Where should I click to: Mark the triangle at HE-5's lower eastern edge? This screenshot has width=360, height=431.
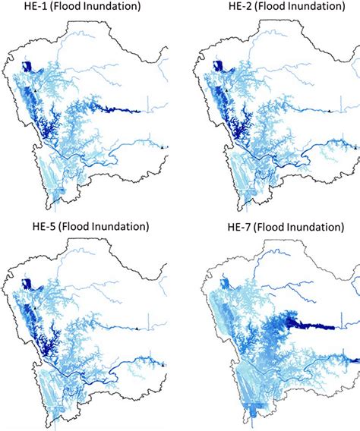click(x=162, y=365)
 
